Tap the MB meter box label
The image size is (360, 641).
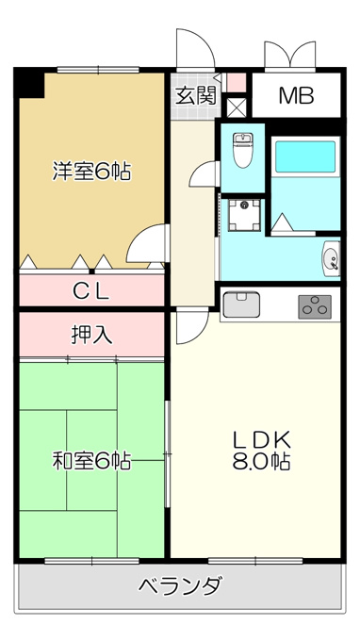tap(296, 95)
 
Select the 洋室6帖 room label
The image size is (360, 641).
tap(91, 173)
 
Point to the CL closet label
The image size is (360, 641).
tap(91, 291)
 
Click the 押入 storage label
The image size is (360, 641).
tap(91, 336)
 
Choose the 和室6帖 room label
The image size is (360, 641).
tap(91, 461)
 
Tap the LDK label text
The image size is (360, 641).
tap(262, 440)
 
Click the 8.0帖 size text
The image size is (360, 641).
tap(262, 461)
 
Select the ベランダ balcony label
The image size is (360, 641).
tap(181, 585)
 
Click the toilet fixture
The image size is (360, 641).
tap(243, 150)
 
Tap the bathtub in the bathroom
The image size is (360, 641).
tap(305, 156)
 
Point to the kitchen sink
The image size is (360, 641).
tap(241, 304)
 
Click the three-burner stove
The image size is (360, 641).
tap(315, 306)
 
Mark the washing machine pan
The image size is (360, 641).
tap(244, 215)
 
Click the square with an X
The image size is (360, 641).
tap(237, 107)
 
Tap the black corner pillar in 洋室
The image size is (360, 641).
tap(29, 83)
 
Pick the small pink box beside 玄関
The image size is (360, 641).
tap(237, 83)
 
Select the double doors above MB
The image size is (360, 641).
tap(290, 54)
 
